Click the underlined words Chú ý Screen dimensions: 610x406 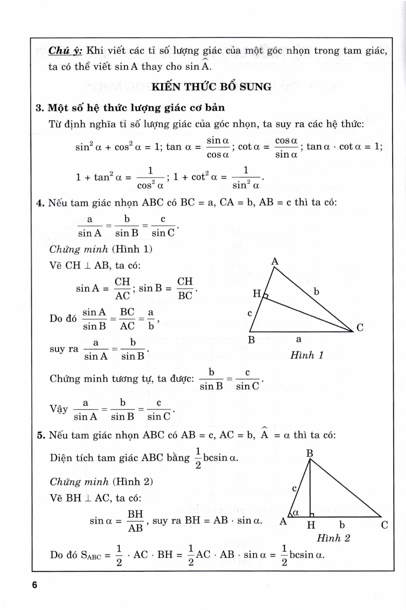pyautogui.click(x=65, y=51)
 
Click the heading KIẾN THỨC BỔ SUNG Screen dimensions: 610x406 pyautogui.click(x=211, y=87)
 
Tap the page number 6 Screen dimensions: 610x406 pyautogui.click(x=35, y=585)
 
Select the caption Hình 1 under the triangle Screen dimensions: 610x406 pyautogui.click(x=307, y=355)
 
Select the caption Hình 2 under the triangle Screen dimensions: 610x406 pyautogui.click(x=333, y=538)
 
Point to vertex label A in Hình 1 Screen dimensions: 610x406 pyautogui.click(x=275, y=261)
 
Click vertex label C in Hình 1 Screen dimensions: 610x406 pyautogui.click(x=360, y=327)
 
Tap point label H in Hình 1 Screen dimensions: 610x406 pyautogui.click(x=256, y=293)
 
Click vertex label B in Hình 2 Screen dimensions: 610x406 pyautogui.click(x=310, y=453)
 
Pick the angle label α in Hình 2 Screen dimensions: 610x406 pyautogui.click(x=296, y=513)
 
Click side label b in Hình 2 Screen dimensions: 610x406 pyautogui.click(x=342, y=525)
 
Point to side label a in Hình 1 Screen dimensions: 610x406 pyautogui.click(x=299, y=339)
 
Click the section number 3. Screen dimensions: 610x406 pyautogui.click(x=39, y=108)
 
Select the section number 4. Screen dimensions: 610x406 pyautogui.click(x=39, y=203)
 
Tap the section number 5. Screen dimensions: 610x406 pyautogui.click(x=40, y=435)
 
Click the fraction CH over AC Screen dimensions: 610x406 pyautogui.click(x=122, y=288)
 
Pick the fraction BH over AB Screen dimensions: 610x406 pyautogui.click(x=135, y=521)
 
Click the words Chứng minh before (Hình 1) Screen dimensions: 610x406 pyautogui.click(x=79, y=249)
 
